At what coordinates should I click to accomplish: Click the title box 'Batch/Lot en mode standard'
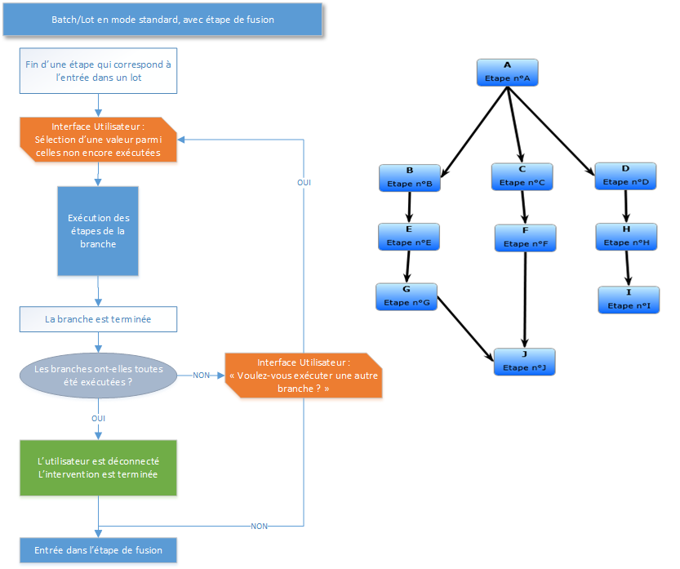click(162, 20)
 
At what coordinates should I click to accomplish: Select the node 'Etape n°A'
click(508, 73)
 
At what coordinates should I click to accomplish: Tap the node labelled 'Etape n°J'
click(524, 362)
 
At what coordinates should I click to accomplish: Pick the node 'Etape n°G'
click(407, 296)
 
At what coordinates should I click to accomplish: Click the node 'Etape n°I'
click(629, 300)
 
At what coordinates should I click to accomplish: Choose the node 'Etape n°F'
click(525, 238)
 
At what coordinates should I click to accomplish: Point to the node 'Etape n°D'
click(625, 176)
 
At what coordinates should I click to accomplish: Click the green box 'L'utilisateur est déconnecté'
click(98, 468)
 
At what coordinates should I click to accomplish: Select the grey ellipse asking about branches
click(98, 376)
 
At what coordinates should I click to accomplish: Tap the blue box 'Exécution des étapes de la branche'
click(98, 231)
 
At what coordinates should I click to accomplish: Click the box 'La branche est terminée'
click(98, 319)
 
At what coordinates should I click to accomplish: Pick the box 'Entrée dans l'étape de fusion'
click(98, 550)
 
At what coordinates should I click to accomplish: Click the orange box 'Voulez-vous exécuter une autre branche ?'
click(304, 376)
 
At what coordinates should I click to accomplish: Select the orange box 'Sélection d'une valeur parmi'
click(98, 140)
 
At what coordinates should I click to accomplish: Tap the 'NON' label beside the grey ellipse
click(201, 376)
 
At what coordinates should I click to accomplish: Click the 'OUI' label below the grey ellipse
click(98, 419)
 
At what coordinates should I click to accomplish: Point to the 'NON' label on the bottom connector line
click(259, 527)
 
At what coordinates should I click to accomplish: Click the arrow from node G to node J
click(465, 329)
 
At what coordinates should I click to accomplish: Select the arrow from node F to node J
click(525, 300)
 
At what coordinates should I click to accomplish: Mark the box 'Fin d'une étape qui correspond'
click(98, 71)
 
